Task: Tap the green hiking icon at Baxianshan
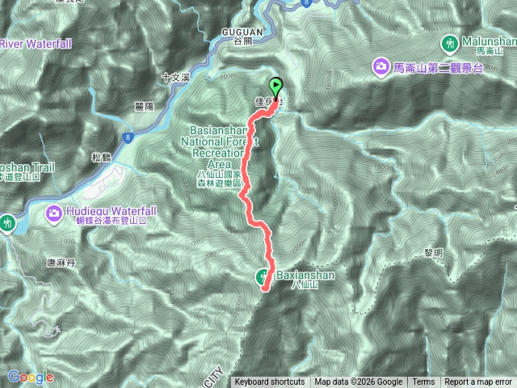pyautogui.click(x=265, y=276)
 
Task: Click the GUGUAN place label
pyautogui.click(x=241, y=31)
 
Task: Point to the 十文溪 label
pyautogui.click(x=174, y=78)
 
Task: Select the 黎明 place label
pyautogui.click(x=434, y=253)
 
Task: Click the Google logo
pyautogui.click(x=30, y=377)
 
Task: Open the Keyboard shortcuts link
pyautogui.click(x=270, y=382)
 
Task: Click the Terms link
pyautogui.click(x=423, y=382)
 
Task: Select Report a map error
pyautogui.click(x=478, y=382)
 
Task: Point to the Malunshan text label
pyautogui.click(x=486, y=40)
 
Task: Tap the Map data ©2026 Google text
pyautogui.click(x=358, y=382)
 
